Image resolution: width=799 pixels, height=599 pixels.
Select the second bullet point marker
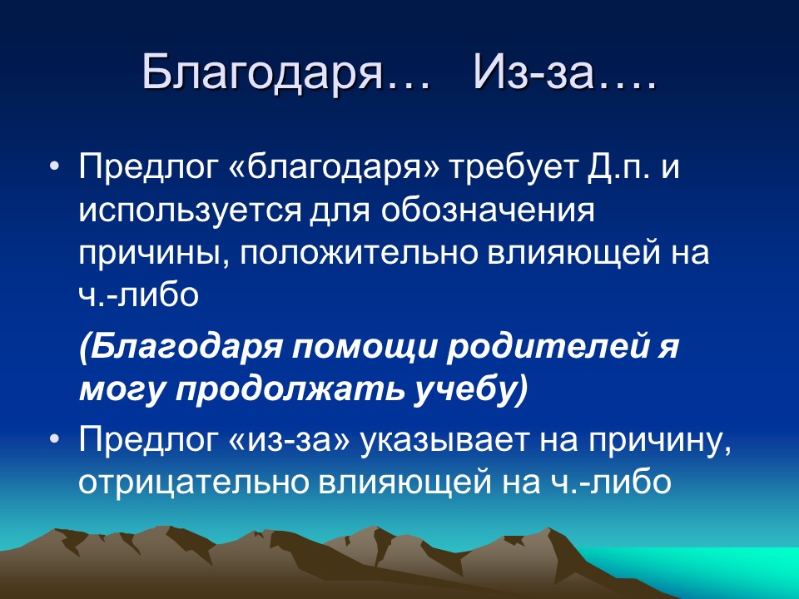pyautogui.click(x=55, y=439)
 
